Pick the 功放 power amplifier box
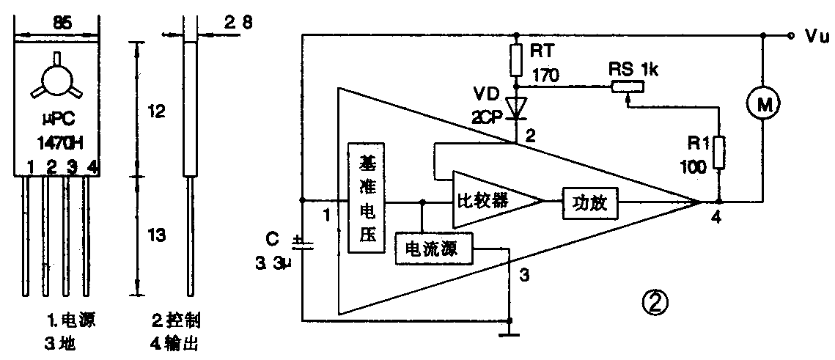590,199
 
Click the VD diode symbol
519,108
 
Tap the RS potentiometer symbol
627,86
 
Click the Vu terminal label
814,36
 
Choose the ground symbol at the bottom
509,333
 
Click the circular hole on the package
56,80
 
